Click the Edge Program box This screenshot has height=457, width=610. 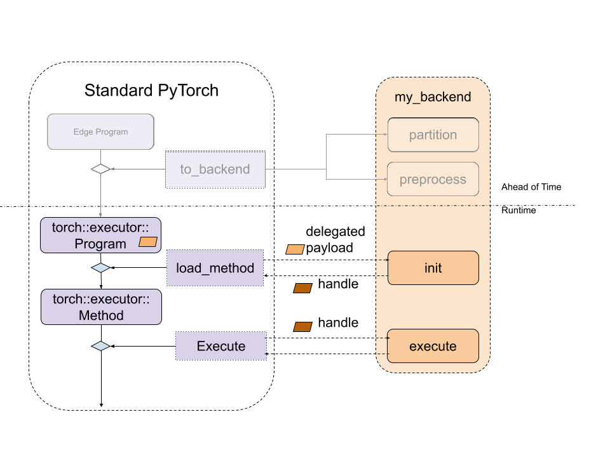(100, 132)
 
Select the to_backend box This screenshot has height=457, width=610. (215, 169)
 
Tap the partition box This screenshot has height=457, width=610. (433, 135)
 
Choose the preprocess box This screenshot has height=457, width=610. (433, 180)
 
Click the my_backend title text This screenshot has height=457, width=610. (433, 97)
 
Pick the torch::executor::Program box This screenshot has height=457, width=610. (100, 235)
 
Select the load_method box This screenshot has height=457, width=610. (215, 268)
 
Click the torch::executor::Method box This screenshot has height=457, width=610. (101, 307)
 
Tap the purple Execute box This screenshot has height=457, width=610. (220, 346)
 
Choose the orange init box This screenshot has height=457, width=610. (433, 268)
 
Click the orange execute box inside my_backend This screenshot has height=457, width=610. (433, 346)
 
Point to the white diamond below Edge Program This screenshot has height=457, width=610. (100, 169)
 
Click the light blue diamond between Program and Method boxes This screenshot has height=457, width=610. (100, 268)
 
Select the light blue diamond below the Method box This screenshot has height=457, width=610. (100, 346)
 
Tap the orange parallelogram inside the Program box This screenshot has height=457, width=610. (148, 242)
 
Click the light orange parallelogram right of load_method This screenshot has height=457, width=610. (295, 249)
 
